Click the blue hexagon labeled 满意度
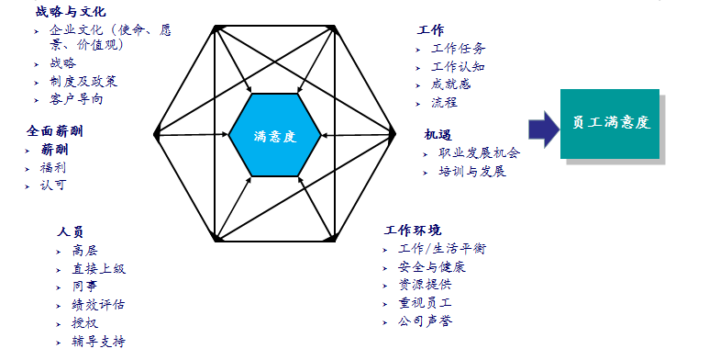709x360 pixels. pyautogui.click(x=275, y=134)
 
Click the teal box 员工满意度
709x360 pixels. pyautogui.click(x=610, y=122)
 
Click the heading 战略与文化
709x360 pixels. pyautogui.click(x=71, y=12)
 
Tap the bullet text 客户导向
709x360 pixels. pyautogui.click(x=76, y=99)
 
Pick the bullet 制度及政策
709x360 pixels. pyautogui.click(x=83, y=81)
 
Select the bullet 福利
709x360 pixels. pyautogui.click(x=53, y=168)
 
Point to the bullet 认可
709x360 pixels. pyautogui.click(x=53, y=186)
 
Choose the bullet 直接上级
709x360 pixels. pyautogui.click(x=98, y=268)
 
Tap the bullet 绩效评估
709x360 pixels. pyautogui.click(x=98, y=305)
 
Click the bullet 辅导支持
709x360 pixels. pyautogui.click(x=98, y=342)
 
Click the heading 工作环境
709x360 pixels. pyautogui.click(x=413, y=230)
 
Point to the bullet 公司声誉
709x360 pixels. pyautogui.click(x=425, y=321)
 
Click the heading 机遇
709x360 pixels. pyautogui.click(x=438, y=134)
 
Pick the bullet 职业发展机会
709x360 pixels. pyautogui.click(x=479, y=153)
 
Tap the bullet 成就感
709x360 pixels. pyautogui.click(x=450, y=84)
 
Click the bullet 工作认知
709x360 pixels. pyautogui.click(x=458, y=66)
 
